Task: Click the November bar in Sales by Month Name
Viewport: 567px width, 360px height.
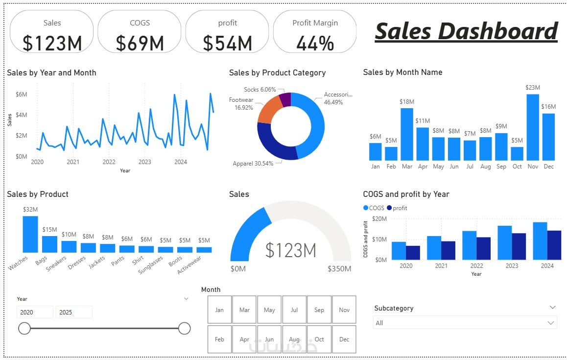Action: click(533, 127)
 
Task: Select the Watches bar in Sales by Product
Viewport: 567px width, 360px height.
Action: click(30, 234)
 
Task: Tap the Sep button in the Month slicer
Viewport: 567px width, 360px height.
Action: click(319, 310)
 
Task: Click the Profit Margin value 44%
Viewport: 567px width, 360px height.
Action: click(315, 43)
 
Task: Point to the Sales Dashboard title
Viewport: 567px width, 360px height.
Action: click(466, 31)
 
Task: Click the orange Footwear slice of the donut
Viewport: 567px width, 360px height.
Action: click(268, 111)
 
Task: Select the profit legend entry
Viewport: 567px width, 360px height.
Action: click(397, 208)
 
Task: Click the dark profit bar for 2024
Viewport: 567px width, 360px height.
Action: click(554, 245)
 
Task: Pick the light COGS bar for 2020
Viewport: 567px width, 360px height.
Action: click(399, 251)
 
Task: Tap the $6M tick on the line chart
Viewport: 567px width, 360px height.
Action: click(21, 94)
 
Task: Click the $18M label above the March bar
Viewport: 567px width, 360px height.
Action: click(407, 102)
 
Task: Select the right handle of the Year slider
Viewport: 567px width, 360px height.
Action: click(184, 328)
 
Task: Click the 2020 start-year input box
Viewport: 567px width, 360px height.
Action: click(35, 312)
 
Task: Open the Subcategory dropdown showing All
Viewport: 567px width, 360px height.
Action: click(465, 323)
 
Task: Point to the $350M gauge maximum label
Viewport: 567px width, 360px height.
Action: click(339, 269)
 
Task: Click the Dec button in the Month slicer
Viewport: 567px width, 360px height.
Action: click(344, 339)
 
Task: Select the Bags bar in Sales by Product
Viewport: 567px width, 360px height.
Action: click(49, 244)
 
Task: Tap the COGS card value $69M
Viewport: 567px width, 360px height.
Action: click(140, 43)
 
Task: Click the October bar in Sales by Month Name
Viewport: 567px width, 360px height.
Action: click(517, 154)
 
